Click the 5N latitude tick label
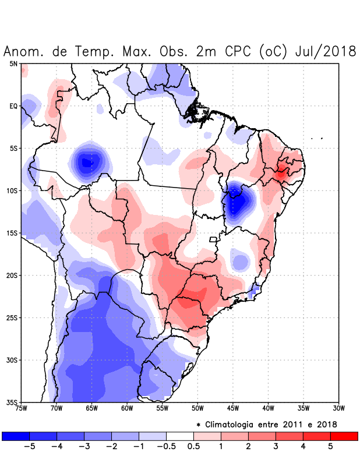13,63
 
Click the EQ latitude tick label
13,106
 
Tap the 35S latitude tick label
12,402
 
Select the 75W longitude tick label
21,408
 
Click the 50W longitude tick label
197,408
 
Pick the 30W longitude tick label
338,408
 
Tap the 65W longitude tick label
91,408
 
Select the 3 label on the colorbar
276,447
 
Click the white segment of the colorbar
180,436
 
